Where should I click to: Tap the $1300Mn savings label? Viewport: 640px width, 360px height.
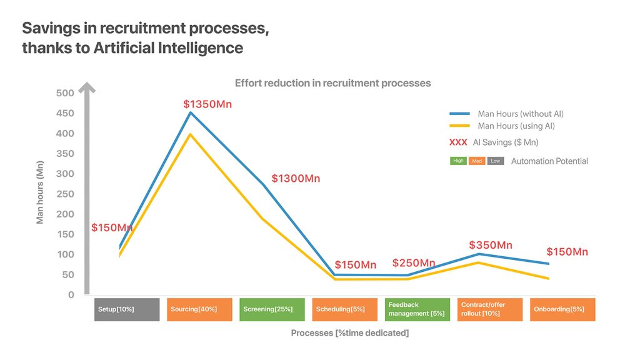coord(296,179)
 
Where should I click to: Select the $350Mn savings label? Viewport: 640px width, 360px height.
coord(491,245)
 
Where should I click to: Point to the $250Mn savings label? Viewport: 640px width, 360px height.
coord(414,263)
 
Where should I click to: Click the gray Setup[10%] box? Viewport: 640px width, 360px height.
coord(127,309)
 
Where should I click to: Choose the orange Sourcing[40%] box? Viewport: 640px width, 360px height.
coord(199,309)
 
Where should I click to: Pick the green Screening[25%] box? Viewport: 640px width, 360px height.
coord(272,309)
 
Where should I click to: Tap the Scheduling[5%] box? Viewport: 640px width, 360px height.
coord(344,309)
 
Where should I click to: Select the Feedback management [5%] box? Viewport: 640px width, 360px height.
coord(417,309)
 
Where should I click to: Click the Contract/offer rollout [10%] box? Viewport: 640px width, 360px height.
coord(489,309)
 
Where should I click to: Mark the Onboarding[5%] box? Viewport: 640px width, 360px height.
coord(562,309)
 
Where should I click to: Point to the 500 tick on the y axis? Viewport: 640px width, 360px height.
coord(66,93)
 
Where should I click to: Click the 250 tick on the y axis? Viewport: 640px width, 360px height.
coord(66,194)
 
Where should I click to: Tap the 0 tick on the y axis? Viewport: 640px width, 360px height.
coord(71,294)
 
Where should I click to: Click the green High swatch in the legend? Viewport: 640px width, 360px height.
coord(458,161)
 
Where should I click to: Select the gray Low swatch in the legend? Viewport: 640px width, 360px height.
coord(496,161)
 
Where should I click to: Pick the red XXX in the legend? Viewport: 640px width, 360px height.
coord(458,142)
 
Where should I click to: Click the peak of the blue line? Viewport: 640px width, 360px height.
coord(191,112)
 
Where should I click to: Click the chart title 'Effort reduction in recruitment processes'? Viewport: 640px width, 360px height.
coord(332,83)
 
